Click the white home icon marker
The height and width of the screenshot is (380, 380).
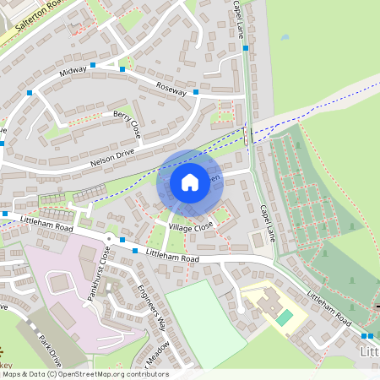coord(190,182)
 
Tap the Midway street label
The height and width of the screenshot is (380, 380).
coord(73,73)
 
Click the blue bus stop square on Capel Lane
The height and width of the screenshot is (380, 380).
coord(245,48)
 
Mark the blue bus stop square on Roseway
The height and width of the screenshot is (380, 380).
coord(196,91)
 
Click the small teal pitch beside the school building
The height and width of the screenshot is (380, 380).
coord(285,317)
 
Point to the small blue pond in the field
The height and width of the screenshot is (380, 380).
coord(285,38)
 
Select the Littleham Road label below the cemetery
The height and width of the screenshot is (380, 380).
coord(328,309)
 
